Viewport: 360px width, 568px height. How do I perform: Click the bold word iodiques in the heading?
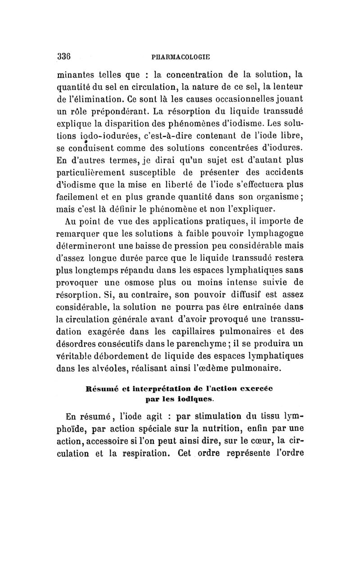coord(192,398)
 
